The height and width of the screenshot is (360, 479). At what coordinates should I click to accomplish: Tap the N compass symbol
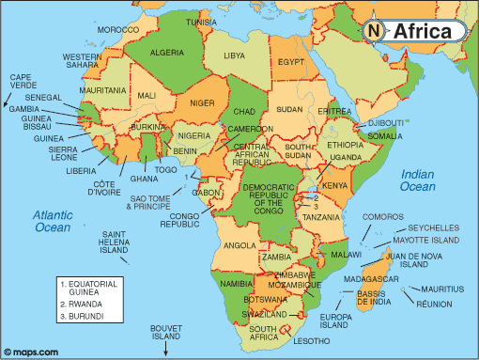tap(374, 31)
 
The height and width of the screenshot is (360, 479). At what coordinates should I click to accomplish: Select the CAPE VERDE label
tap(21, 83)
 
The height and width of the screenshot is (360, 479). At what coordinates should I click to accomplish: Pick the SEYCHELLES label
tap(434, 227)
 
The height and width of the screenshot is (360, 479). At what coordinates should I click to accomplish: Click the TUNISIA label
tap(226, 22)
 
